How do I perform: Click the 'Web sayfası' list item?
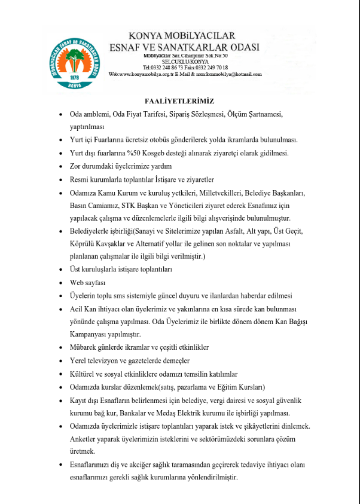click(87, 282)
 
